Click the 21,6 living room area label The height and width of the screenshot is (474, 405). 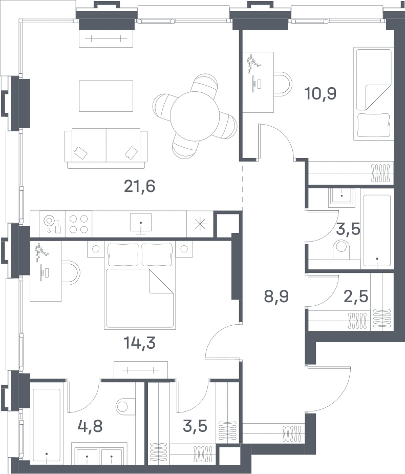click(x=140, y=186)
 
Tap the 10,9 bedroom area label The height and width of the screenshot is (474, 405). click(x=320, y=93)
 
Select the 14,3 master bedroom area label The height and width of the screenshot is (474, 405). click(x=140, y=343)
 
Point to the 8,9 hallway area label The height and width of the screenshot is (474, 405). click(x=276, y=297)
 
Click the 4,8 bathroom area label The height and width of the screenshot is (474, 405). click(x=90, y=426)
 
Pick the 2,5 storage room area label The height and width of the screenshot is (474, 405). click(x=356, y=297)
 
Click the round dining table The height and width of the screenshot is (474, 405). click(x=195, y=116)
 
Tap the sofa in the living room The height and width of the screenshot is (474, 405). click(x=106, y=148)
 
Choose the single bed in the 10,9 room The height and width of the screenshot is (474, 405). click(x=373, y=93)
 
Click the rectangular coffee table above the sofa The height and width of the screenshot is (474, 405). click(x=106, y=96)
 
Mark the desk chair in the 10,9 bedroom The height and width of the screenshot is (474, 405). click(x=283, y=84)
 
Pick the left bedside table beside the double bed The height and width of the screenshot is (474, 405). click(x=96, y=249)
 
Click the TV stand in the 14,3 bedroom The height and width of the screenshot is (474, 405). click(x=141, y=369)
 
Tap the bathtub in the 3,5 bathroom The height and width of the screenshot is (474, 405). click(x=377, y=231)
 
